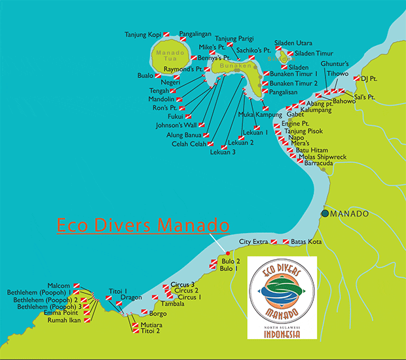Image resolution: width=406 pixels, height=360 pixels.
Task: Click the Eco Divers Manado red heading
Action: click(x=143, y=226)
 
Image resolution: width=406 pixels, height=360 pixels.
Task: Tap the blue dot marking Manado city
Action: click(x=325, y=214)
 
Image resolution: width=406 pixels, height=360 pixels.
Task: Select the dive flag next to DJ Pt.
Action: click(x=357, y=79)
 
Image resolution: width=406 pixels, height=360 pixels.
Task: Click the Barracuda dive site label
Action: click(x=320, y=165)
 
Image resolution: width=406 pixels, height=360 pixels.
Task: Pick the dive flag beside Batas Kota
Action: click(x=286, y=242)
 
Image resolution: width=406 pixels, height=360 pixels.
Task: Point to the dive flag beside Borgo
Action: click(x=144, y=313)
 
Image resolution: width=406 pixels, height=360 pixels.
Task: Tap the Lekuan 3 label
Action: click(x=223, y=153)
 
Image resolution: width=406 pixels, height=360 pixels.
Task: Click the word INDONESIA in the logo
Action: click(x=282, y=333)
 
